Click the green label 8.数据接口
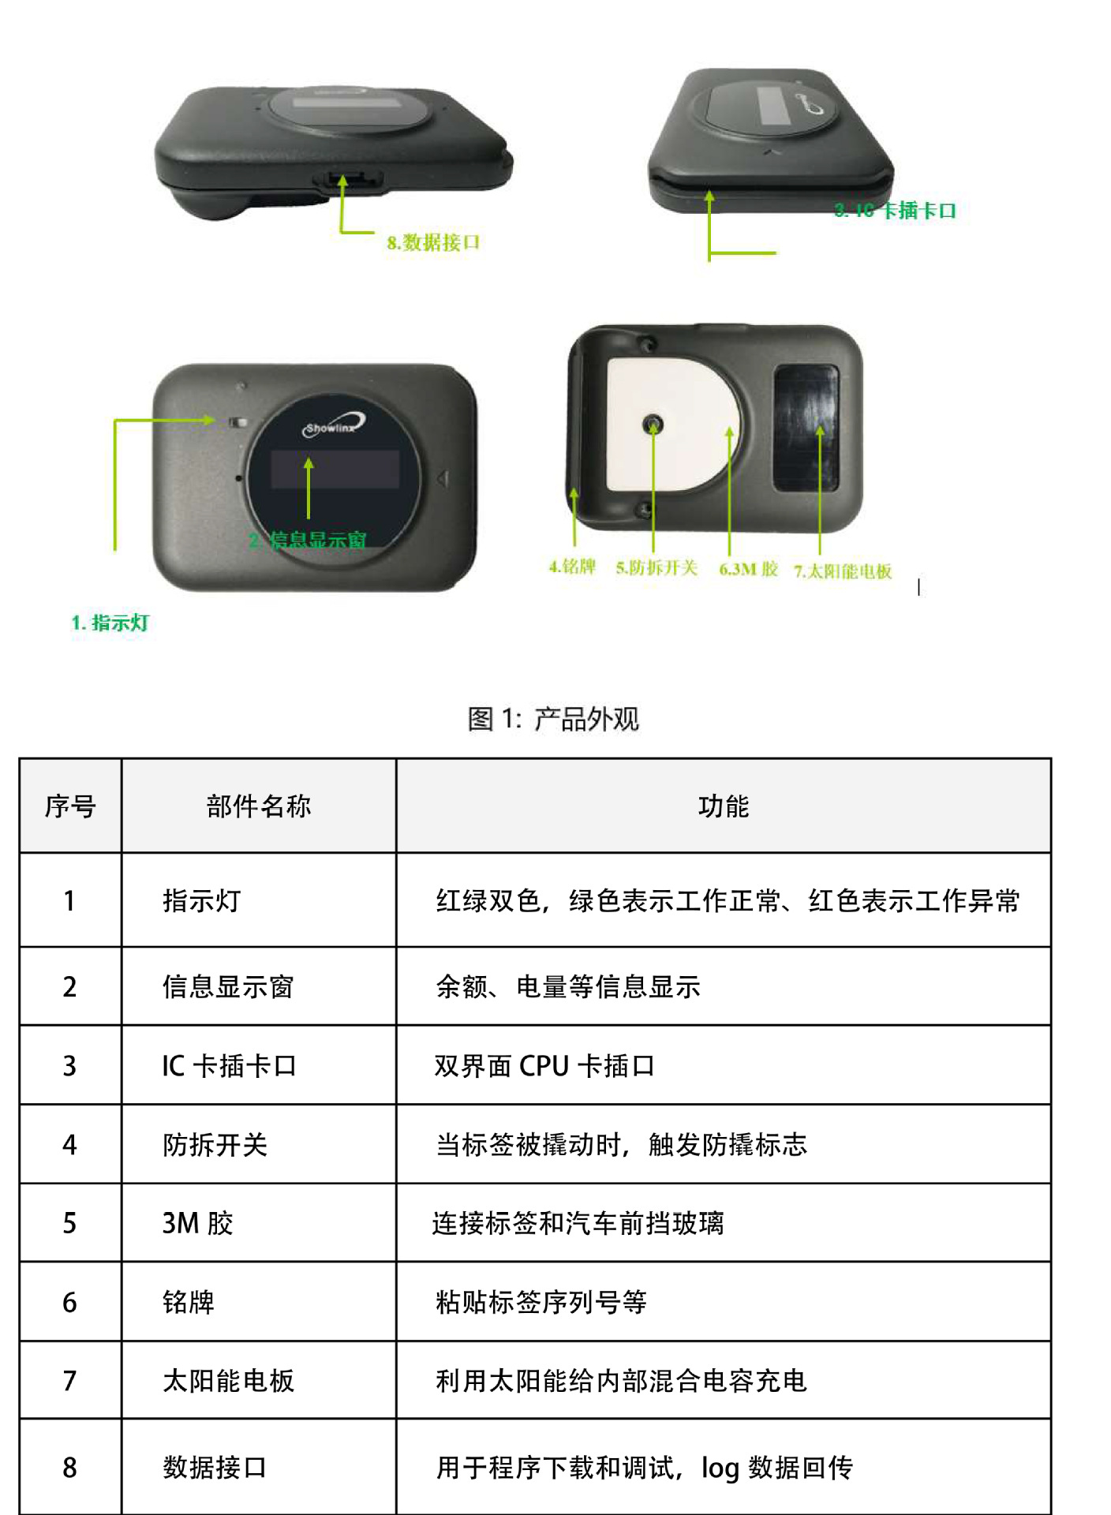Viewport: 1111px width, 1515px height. (433, 242)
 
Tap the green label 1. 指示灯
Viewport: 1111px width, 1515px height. (110, 623)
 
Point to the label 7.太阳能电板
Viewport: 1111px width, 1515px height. (842, 571)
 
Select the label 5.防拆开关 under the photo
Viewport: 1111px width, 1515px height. (656, 568)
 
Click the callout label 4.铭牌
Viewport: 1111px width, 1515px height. (572, 567)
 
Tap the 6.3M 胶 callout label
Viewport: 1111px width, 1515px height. (748, 569)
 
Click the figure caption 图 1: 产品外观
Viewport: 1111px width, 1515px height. (553, 719)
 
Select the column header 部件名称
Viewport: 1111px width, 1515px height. (259, 806)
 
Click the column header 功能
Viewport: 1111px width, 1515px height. (723, 806)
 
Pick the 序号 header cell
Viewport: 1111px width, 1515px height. (70, 806)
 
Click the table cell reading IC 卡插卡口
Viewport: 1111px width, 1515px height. (229, 1066)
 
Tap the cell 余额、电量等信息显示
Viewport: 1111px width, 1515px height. (568, 987)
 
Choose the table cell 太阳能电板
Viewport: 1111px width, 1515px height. (229, 1381)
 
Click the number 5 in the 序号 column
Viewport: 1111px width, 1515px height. (70, 1224)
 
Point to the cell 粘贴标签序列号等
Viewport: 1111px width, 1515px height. (541, 1302)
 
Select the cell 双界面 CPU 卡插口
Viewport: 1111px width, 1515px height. (544, 1066)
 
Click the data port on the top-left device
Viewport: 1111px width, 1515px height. (350, 181)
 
